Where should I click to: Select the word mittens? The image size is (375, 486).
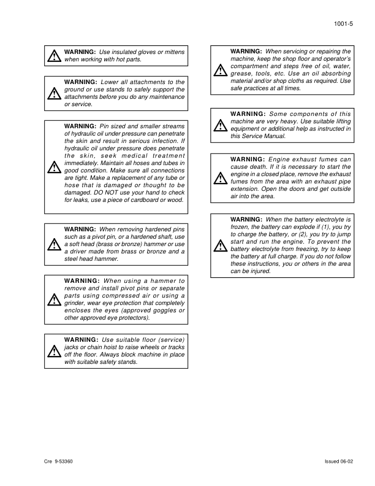pyautogui.click(x=173, y=52)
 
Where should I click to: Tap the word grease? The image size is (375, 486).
pyautogui.click(x=241, y=74)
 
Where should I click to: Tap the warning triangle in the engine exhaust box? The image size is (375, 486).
pyautogui.click(x=220, y=179)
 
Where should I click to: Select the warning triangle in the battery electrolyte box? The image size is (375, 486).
pyautogui.click(x=220, y=245)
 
